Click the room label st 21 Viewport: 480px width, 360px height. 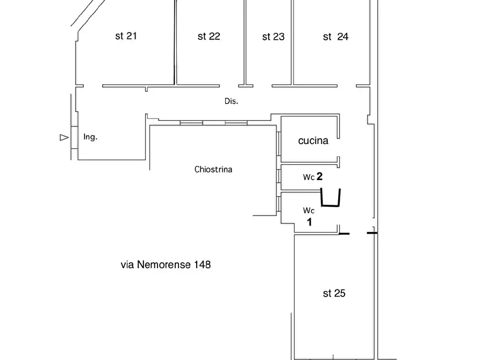tap(126, 36)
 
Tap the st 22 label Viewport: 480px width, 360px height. tap(209, 37)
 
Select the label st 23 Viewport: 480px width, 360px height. tap(274, 37)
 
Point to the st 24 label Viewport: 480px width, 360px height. tap(335, 37)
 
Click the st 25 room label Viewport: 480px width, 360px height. tap(334, 293)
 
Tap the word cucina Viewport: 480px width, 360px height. tap(313, 141)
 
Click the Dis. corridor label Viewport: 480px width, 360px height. tap(231, 102)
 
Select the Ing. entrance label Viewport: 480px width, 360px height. tap(90, 137)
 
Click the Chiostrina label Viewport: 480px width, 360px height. tap(213, 169)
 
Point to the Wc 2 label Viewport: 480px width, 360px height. tap(312, 177)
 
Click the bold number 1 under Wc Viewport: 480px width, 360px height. tap(310, 222)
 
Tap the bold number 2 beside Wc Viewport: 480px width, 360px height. tap(319, 176)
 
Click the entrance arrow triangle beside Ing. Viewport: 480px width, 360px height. tap(64, 138)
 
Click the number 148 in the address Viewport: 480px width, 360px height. tap(202, 264)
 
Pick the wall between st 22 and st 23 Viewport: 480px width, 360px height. tap(245, 42)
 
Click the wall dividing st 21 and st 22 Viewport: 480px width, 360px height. tap(175, 42)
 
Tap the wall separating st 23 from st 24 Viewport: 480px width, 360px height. tap(292, 42)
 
